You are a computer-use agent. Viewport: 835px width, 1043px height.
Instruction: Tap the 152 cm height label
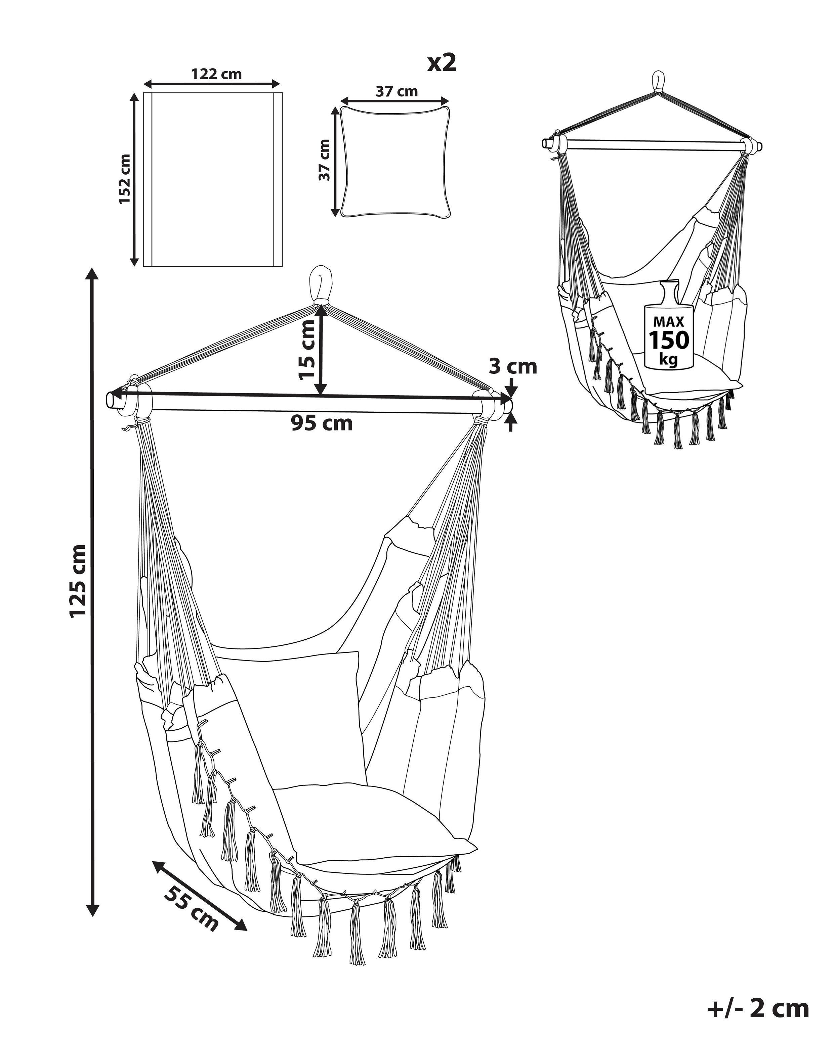tap(125, 179)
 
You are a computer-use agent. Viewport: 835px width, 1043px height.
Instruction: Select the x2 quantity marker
tap(442, 63)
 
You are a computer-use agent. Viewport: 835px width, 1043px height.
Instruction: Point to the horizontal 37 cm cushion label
tap(396, 91)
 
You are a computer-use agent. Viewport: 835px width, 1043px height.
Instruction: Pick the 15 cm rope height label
tap(306, 350)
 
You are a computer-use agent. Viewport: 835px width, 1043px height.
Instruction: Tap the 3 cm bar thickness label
tap(513, 366)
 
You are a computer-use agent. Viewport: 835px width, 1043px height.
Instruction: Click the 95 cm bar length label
tap(322, 423)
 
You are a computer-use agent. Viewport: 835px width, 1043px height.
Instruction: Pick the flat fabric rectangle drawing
tap(213, 179)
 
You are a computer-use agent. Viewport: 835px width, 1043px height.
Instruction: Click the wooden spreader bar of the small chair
tap(651, 145)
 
